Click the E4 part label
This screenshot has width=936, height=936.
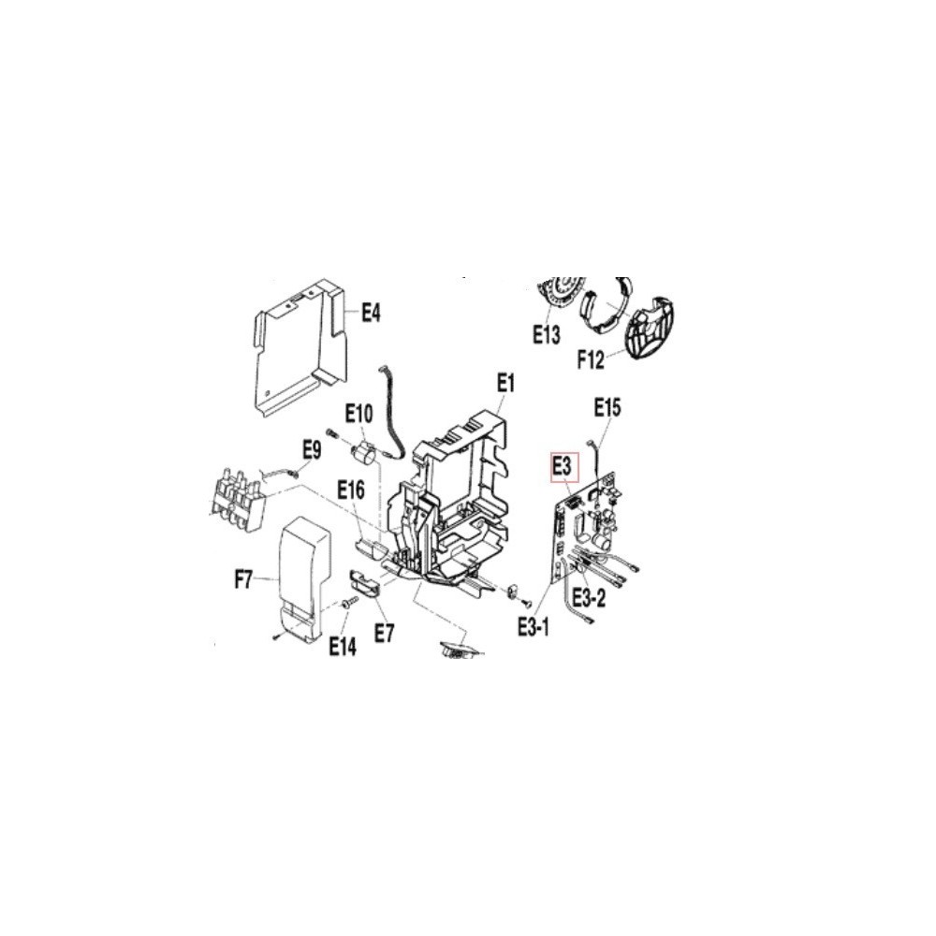[371, 313]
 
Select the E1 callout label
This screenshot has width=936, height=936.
[505, 383]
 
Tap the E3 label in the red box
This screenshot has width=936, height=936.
[564, 465]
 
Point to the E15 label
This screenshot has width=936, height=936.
[607, 407]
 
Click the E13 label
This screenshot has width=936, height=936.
[547, 335]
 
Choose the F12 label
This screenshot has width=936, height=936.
[591, 360]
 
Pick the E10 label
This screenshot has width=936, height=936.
[359, 413]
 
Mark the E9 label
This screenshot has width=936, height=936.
[312, 449]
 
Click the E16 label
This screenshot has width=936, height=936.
[350, 490]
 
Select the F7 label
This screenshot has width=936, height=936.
[243, 579]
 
